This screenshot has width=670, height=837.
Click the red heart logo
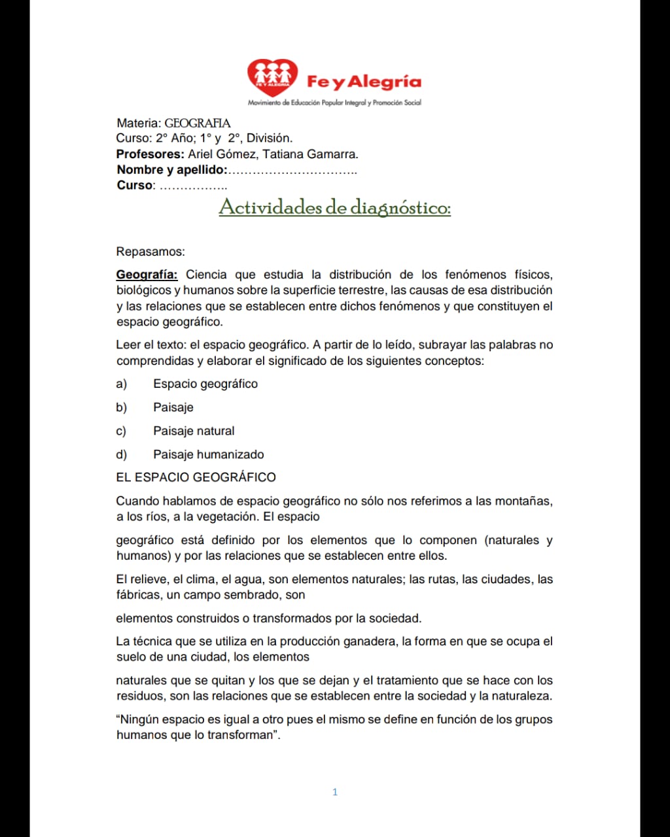pyautogui.click(x=272, y=77)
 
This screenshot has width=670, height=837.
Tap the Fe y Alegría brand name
pyautogui.click(x=364, y=82)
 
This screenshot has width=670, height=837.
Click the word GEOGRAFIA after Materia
pyautogui.click(x=197, y=123)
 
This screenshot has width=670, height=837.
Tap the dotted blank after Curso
pyautogui.click(x=193, y=186)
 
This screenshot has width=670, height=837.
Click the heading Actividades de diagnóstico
pyautogui.click(x=334, y=207)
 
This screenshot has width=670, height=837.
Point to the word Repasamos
pyautogui.click(x=150, y=252)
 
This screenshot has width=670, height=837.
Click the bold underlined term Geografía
pyautogui.click(x=147, y=275)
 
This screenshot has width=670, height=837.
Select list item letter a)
pyautogui.click(x=122, y=384)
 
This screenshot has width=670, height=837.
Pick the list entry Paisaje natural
pyautogui.click(x=194, y=431)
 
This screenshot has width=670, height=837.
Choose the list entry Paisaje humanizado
pyautogui.click(x=209, y=454)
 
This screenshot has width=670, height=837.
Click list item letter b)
pyautogui.click(x=122, y=407)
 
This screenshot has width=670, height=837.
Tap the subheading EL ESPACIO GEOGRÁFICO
pyautogui.click(x=196, y=477)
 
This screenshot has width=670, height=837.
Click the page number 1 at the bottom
pyautogui.click(x=335, y=792)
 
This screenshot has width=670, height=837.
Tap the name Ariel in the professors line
pyautogui.click(x=201, y=154)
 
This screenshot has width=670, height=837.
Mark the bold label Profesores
pyautogui.click(x=150, y=154)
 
